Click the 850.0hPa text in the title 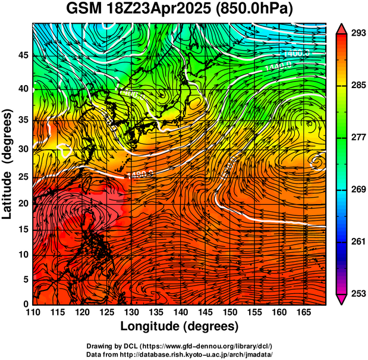tap(256, 10)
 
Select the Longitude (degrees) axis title tap(180, 326)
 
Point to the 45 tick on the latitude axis tap(23, 56)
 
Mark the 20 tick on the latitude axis tap(23, 203)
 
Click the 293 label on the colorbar tap(358, 33)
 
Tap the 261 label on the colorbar tap(358, 242)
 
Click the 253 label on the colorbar tap(358, 293)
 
